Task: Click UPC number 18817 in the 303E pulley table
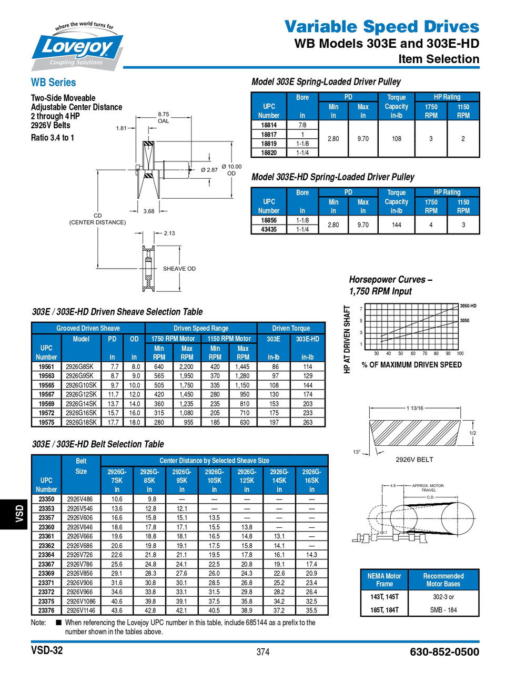(269, 135)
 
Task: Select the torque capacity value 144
(396, 225)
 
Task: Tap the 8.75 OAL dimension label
(164, 117)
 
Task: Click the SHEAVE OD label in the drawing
(179, 269)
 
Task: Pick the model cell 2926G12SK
(81, 394)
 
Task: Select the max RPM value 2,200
(187, 367)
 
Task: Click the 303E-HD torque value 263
(308, 422)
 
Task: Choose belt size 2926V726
(80, 555)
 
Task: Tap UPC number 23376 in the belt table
(46, 610)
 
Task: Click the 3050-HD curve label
(468, 306)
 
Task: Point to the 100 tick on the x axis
(460, 354)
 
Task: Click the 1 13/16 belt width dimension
(415, 408)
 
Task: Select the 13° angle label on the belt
(357, 452)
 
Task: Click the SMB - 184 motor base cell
(443, 610)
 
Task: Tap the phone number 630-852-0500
(444, 652)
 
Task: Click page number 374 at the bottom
(263, 652)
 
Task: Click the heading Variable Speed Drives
(382, 26)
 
